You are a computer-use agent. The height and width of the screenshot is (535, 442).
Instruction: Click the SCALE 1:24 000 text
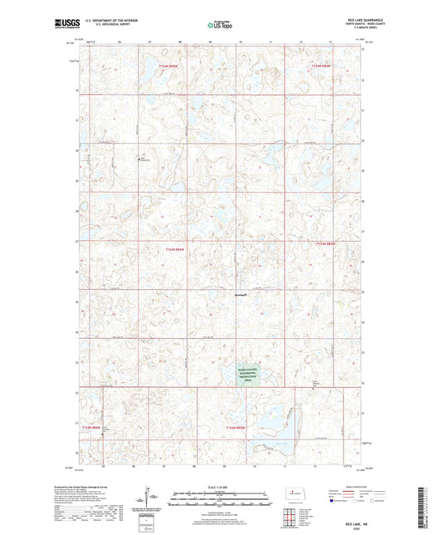tap(220, 486)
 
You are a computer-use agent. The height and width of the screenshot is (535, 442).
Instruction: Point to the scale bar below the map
tap(220, 499)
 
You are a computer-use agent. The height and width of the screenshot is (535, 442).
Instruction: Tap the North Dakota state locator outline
tap(303, 495)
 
